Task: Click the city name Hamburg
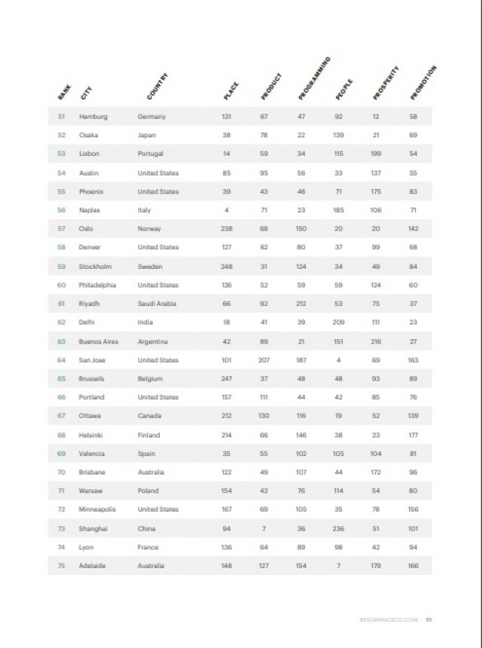tap(93, 117)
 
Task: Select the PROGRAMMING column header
tap(315, 79)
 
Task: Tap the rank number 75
tap(62, 566)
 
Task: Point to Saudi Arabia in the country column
tap(157, 304)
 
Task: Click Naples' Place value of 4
tap(226, 210)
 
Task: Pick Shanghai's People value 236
tap(339, 528)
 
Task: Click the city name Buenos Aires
tap(99, 341)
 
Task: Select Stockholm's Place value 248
tap(226, 267)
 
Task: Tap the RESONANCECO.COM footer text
tap(387, 620)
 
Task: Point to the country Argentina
tap(153, 341)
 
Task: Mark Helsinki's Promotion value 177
tap(413, 435)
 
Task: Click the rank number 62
tap(62, 322)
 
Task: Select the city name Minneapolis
tap(98, 509)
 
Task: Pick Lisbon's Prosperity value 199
tap(376, 154)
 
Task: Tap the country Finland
tap(148, 435)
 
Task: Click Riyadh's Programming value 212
tap(301, 304)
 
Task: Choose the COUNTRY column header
tap(158, 87)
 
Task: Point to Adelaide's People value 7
tap(339, 566)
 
